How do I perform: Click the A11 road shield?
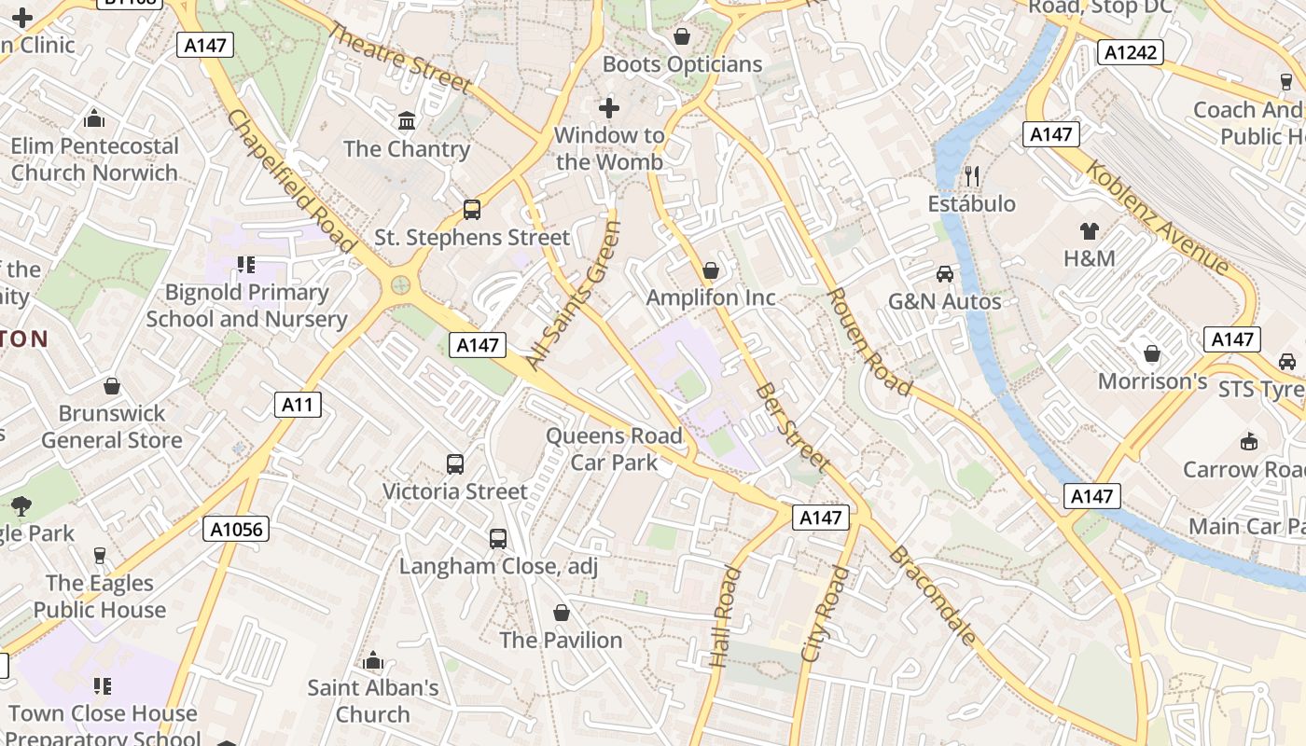coord(299,404)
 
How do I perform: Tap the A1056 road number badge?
coord(236,530)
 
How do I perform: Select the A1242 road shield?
coord(1131,52)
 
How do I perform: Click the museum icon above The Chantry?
coord(407,121)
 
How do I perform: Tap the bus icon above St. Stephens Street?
coord(472,210)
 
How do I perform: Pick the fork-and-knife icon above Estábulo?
coord(971,175)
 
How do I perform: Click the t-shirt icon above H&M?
coord(1089,230)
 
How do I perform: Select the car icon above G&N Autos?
coord(945,274)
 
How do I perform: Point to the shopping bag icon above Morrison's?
coord(1152,354)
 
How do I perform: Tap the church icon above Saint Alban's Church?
coord(373,661)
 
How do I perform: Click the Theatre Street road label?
coord(399,58)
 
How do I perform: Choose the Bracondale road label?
coord(934,597)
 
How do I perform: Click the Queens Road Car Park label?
coord(614,449)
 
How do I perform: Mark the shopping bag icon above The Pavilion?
coord(562,613)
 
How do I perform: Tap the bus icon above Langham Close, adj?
coord(498,539)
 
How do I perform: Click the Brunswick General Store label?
coord(112,426)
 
